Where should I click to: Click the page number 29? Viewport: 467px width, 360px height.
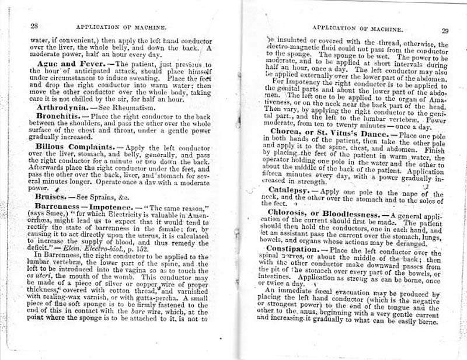tap(445, 32)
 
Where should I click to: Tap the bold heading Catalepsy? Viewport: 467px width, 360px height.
tap(291, 191)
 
